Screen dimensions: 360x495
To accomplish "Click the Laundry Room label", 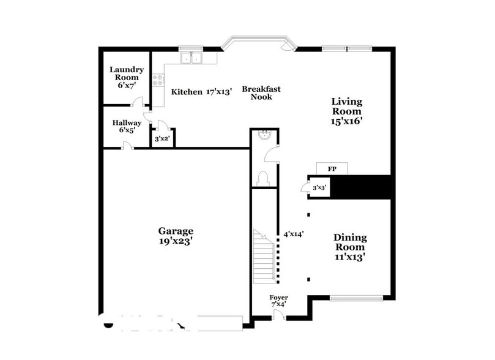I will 127,78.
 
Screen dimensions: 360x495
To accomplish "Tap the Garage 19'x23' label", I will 176,236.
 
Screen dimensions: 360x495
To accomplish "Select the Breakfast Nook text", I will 261,92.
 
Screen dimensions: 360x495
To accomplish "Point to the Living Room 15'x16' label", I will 346,111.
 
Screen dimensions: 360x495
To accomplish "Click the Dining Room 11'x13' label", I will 350,247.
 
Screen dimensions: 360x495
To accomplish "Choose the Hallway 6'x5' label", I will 127,126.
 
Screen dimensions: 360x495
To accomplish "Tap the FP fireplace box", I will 332,168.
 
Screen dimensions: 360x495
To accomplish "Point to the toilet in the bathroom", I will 264,178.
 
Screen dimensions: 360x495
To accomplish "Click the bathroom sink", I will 264,135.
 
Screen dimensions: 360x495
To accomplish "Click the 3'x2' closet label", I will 162,139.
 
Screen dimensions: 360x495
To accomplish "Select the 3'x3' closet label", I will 319,188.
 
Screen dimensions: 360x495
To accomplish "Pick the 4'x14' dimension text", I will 294,233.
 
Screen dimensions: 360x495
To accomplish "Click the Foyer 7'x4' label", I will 279,301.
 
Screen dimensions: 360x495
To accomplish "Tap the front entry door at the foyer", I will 278,315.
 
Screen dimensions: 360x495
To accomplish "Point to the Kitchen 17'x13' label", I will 201,92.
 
